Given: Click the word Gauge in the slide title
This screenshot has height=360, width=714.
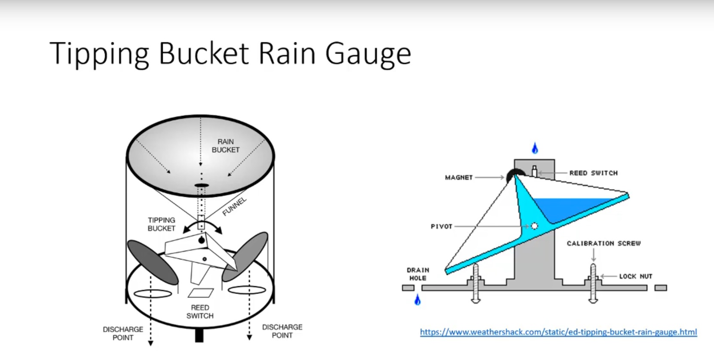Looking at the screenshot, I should click(x=368, y=54).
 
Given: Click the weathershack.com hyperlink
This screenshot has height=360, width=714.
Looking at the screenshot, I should click(x=558, y=332).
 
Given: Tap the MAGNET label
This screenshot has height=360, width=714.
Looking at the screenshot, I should click(x=459, y=177).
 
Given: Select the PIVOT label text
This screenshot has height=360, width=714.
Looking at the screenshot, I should click(x=441, y=226).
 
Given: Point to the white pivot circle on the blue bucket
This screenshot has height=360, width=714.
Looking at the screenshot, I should click(x=534, y=226).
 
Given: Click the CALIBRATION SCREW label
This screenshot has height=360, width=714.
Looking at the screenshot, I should click(x=604, y=243).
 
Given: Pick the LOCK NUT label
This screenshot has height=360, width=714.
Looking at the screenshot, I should click(x=635, y=276).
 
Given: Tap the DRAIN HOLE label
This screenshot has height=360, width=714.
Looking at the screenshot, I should click(x=418, y=274).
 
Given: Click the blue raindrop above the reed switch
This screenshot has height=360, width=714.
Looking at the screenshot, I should click(x=535, y=148).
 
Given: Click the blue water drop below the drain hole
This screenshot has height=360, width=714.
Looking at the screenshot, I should click(x=417, y=300).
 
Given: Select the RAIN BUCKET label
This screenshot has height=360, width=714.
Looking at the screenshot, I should click(x=225, y=145).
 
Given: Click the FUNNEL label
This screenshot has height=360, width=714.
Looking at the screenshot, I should click(x=235, y=206).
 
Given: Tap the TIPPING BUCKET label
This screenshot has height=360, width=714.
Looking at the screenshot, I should click(x=161, y=224).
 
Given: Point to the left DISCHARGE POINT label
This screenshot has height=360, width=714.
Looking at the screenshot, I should click(x=123, y=333).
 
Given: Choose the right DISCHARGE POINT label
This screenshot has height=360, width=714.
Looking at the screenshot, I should click(x=282, y=331).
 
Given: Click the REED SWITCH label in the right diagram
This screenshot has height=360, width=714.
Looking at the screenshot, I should click(x=593, y=173).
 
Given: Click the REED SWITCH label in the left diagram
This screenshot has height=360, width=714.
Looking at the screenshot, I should click(x=200, y=311).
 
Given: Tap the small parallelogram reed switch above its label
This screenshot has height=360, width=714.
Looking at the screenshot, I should click(x=201, y=293).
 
